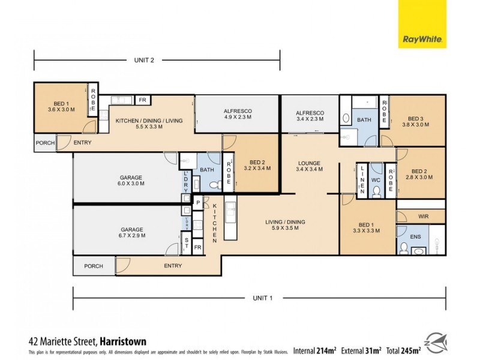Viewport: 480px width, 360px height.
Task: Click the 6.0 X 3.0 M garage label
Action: pyautogui.click(x=130, y=181)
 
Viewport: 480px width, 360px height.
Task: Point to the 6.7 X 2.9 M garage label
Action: pyautogui.click(x=130, y=233)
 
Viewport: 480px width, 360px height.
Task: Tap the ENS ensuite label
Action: pyautogui.click(x=415, y=237)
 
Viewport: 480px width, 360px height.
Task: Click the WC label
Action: pyautogui.click(x=376, y=179)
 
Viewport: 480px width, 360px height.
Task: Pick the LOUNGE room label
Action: pyautogui.click(x=308, y=166)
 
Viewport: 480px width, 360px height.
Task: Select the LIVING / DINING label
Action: pyautogui.click(x=285, y=225)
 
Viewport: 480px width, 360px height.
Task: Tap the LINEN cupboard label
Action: pyautogui.click(x=362, y=180)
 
